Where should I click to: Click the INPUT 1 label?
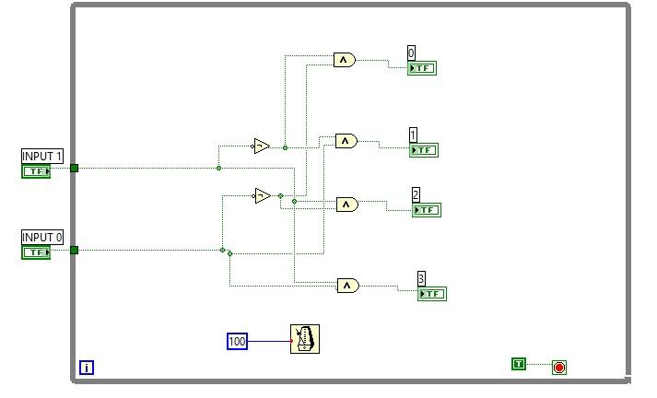(x=43, y=156)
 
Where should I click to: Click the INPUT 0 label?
(x=43, y=237)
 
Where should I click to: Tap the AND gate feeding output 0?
(x=344, y=60)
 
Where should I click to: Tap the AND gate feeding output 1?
(x=346, y=141)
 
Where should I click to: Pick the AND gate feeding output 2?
(x=346, y=205)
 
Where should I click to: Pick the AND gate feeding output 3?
(x=347, y=286)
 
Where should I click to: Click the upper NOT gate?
(x=262, y=146)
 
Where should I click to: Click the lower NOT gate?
(x=263, y=195)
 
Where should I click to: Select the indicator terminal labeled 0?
(x=422, y=67)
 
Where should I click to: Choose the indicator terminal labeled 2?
(x=427, y=209)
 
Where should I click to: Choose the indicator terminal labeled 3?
(x=432, y=294)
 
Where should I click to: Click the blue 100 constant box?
(x=237, y=341)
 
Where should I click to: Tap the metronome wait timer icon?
(x=305, y=339)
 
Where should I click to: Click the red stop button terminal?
(x=558, y=368)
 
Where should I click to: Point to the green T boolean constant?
(x=518, y=364)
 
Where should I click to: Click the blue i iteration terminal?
(x=87, y=368)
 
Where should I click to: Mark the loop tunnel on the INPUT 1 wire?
(x=74, y=168)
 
